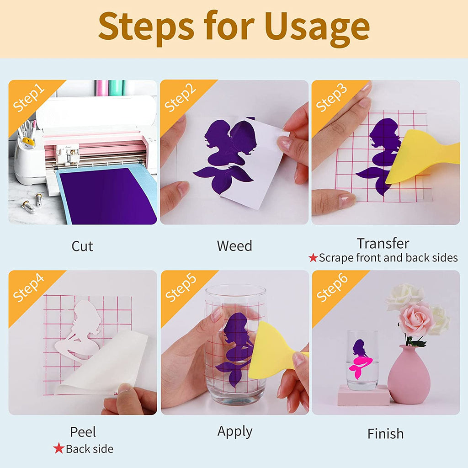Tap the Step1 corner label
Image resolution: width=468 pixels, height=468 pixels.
pyautogui.click(x=29, y=98)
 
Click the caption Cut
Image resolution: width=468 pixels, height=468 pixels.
pyautogui.click(x=82, y=246)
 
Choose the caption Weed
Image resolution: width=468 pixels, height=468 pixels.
pyautogui.click(x=234, y=246)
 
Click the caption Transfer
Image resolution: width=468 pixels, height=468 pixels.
pyautogui.click(x=383, y=244)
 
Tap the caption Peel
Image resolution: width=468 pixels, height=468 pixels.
pyautogui.click(x=83, y=432)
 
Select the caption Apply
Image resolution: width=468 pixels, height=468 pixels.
pyautogui.click(x=235, y=432)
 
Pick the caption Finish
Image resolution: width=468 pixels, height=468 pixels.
pyautogui.click(x=385, y=434)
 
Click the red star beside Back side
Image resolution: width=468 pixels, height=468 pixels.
pyautogui.click(x=59, y=448)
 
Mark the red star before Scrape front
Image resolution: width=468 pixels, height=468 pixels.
pyautogui.click(x=313, y=257)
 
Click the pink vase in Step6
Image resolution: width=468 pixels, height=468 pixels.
pyautogui.click(x=409, y=375)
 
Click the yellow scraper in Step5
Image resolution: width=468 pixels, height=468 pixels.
pyautogui.click(x=275, y=351)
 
